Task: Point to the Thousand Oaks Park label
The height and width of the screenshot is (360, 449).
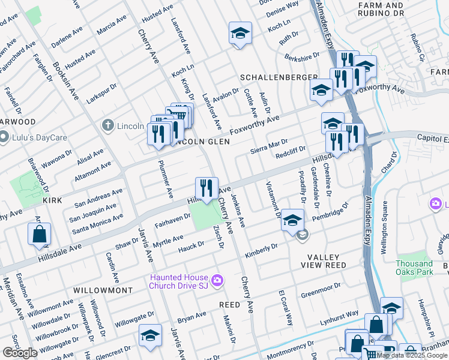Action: (414, 268)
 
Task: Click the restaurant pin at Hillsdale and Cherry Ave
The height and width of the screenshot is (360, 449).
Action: (206, 188)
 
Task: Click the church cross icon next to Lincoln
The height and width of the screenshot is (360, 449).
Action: (107, 125)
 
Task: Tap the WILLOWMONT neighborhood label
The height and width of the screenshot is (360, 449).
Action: (103, 290)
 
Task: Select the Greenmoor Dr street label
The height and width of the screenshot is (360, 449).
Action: (321, 289)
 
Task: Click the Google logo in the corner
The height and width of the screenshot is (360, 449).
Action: (20, 353)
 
